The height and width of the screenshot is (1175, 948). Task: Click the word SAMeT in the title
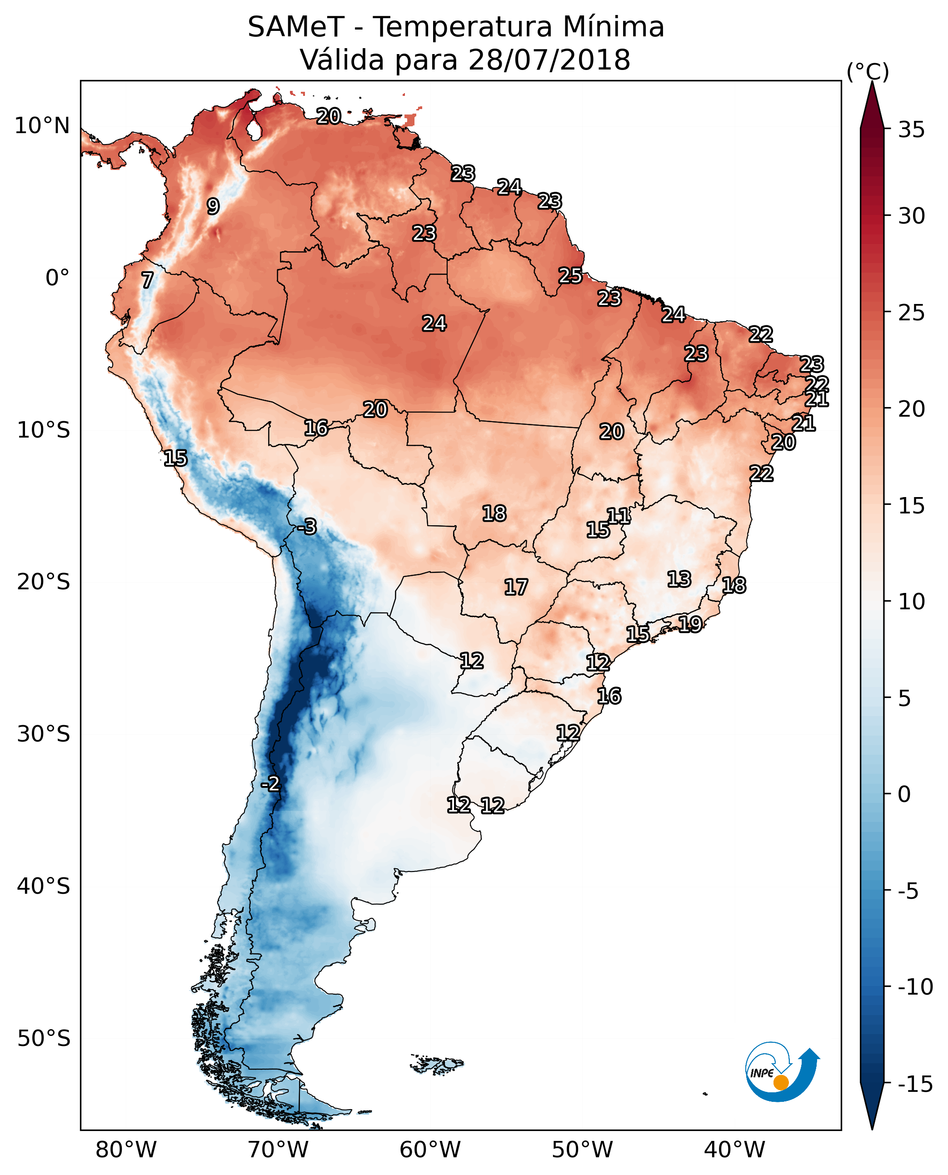(295, 27)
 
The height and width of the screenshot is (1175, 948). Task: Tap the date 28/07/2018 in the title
(549, 60)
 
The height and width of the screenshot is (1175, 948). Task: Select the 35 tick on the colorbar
(911, 130)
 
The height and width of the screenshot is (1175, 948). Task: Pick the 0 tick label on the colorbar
(904, 794)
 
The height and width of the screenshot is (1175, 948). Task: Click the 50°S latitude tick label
(43, 1038)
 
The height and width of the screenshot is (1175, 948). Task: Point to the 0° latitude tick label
(57, 278)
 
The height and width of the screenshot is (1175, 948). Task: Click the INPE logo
(781, 1072)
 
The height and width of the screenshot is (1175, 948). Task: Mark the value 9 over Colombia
(213, 206)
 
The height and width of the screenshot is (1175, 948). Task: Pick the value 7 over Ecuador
(147, 280)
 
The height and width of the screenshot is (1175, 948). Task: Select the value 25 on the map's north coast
(570, 276)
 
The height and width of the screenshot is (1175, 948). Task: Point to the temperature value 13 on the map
(679, 579)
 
